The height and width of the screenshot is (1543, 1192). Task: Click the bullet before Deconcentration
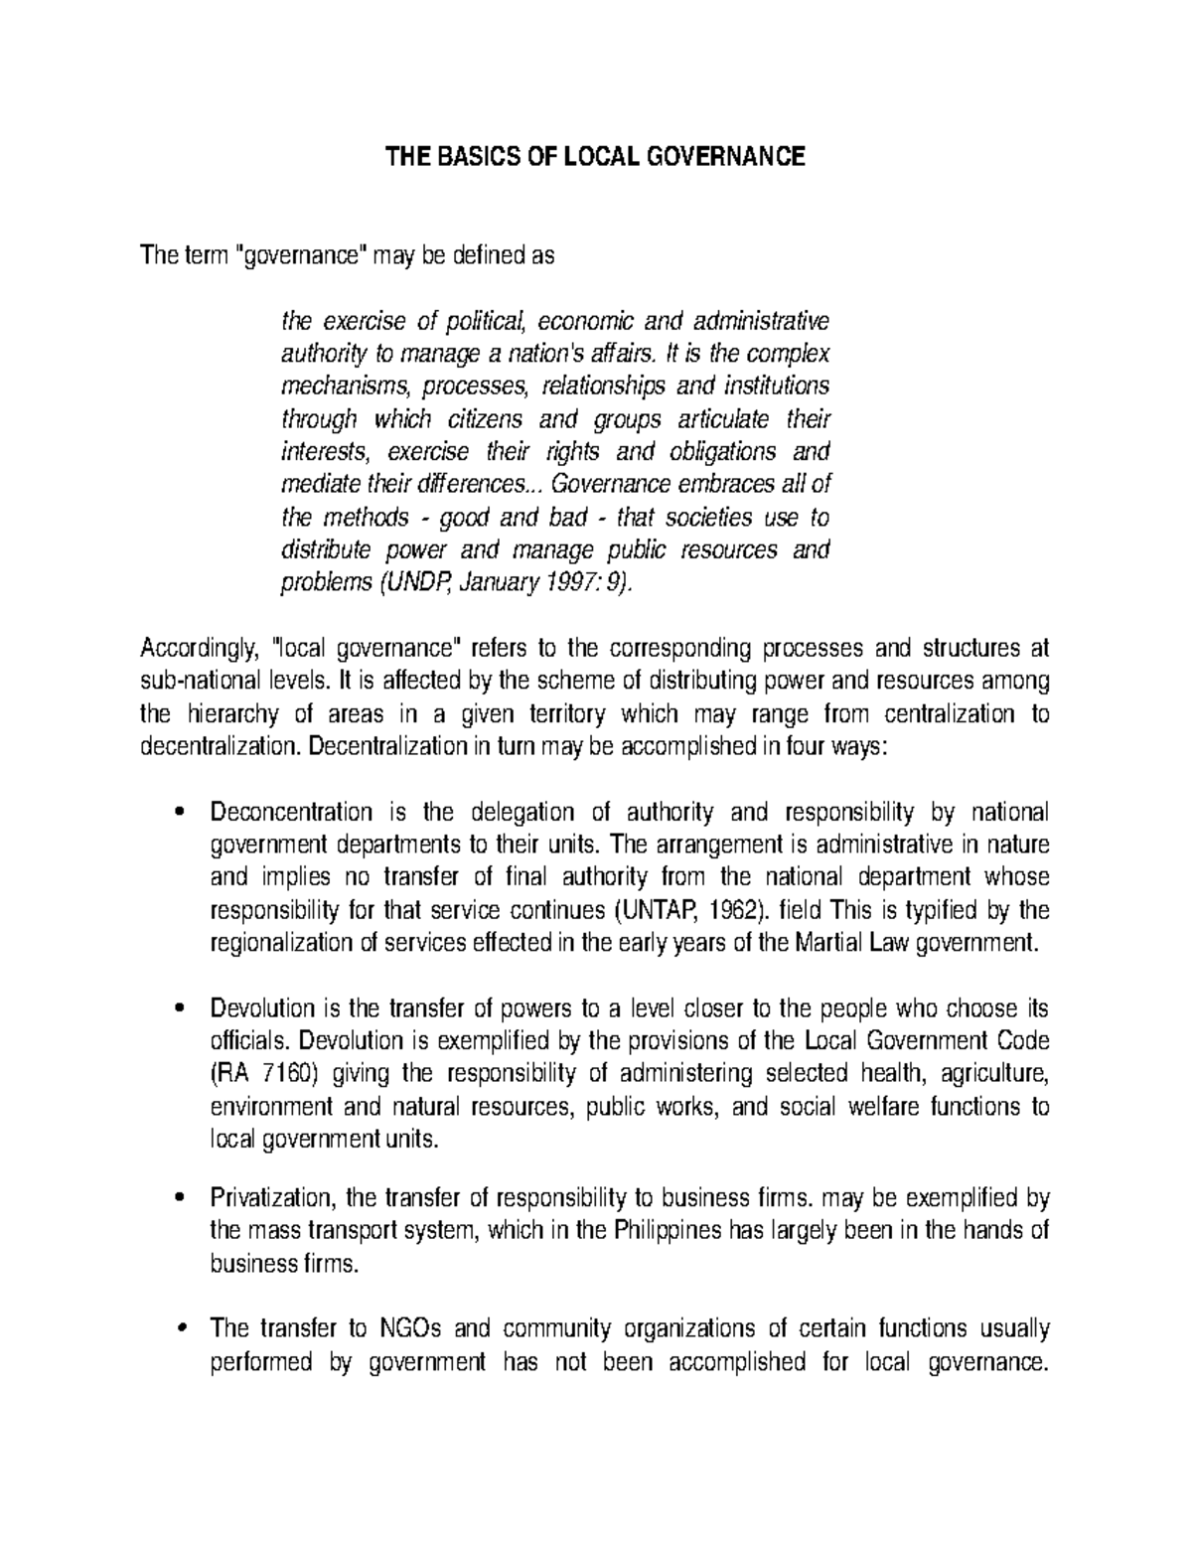point(179,814)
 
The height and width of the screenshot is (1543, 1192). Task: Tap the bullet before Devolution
point(179,1009)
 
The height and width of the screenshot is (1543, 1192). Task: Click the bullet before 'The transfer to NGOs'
point(179,1329)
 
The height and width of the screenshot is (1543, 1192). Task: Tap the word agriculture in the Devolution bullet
point(994,1074)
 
